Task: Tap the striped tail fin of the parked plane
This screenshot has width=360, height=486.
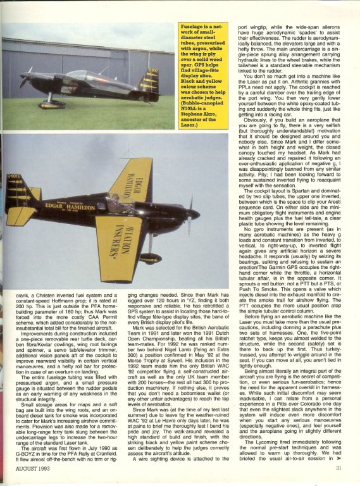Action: [149, 80]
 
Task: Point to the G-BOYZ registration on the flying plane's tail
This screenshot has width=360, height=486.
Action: [14, 185]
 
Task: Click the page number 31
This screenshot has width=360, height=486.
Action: [340, 469]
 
